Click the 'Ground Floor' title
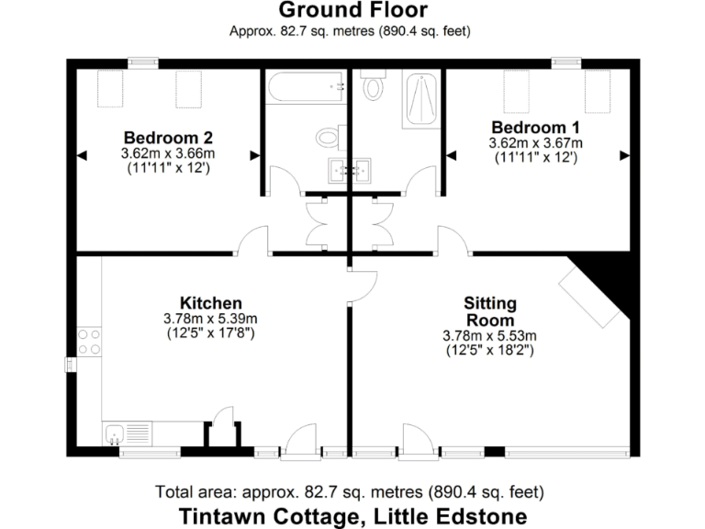352,11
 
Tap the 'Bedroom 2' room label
168,139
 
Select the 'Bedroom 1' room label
537,127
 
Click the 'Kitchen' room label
210,303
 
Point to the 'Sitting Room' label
489,311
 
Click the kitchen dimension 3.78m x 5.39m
210,319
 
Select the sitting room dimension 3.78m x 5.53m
489,335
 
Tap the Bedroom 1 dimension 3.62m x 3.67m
537,142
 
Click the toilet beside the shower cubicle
373,85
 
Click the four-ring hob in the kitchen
89,342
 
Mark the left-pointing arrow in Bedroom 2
82,156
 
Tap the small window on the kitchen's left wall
70,365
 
